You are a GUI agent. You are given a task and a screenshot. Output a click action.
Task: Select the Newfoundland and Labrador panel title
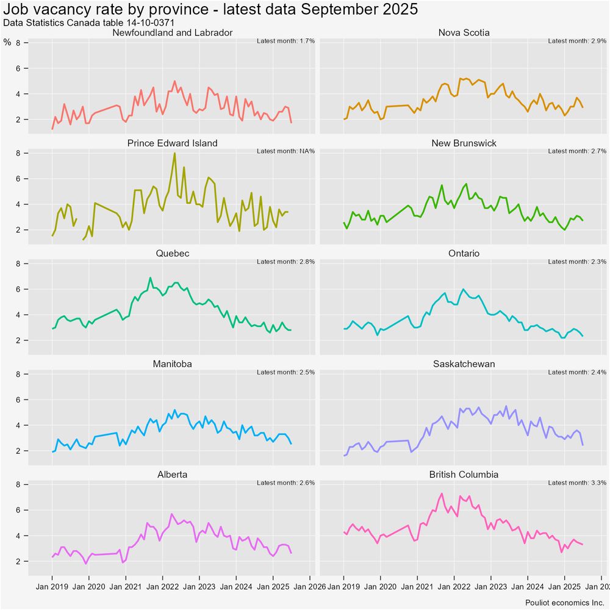point(172,32)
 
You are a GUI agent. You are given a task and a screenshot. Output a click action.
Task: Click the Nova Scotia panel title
point(464,32)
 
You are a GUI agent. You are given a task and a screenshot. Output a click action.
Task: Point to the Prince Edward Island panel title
point(172,143)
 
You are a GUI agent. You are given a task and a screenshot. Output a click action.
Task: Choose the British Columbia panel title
point(464,474)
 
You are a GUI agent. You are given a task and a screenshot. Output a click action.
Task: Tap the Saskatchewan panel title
point(464,364)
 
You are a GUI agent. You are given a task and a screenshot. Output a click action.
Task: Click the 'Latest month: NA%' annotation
point(285,151)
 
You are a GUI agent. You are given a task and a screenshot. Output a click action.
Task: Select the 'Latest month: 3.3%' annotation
point(577,483)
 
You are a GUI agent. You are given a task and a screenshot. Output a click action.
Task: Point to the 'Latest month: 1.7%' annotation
point(285,41)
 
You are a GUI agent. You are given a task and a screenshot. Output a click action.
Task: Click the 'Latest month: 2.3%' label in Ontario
point(577,262)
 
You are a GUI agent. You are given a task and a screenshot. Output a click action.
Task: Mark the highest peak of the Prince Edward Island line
point(174,153)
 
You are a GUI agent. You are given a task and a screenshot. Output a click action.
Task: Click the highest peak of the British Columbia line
point(442,493)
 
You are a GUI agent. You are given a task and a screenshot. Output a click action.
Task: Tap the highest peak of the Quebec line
point(150,278)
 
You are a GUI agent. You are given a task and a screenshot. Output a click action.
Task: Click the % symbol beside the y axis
point(7,42)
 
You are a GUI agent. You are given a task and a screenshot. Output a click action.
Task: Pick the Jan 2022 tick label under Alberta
point(163,587)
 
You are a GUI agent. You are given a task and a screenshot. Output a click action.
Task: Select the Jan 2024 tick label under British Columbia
point(528,587)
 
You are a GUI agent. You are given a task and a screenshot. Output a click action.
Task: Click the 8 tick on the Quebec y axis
point(18,264)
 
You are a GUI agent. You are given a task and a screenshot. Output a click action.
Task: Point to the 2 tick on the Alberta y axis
point(18,561)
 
